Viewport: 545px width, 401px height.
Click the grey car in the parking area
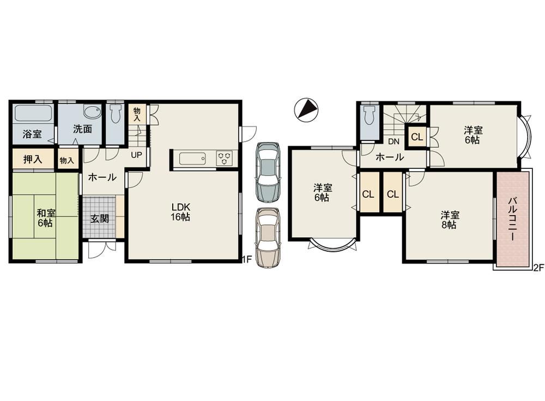coord(268,172)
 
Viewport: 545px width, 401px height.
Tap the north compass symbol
coord(305,109)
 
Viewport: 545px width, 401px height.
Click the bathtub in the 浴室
coord(33,113)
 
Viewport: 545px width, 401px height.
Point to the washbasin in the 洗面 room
coord(92,113)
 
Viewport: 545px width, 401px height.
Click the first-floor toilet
coord(116,115)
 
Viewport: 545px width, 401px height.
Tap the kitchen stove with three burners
coord(224,158)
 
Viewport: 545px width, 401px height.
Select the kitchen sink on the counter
coord(192,159)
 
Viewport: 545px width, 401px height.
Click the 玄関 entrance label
coord(99,219)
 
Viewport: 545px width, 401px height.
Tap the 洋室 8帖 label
coord(449,220)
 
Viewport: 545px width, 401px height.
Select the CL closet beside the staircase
coord(417,137)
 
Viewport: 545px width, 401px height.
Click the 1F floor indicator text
coord(246,260)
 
